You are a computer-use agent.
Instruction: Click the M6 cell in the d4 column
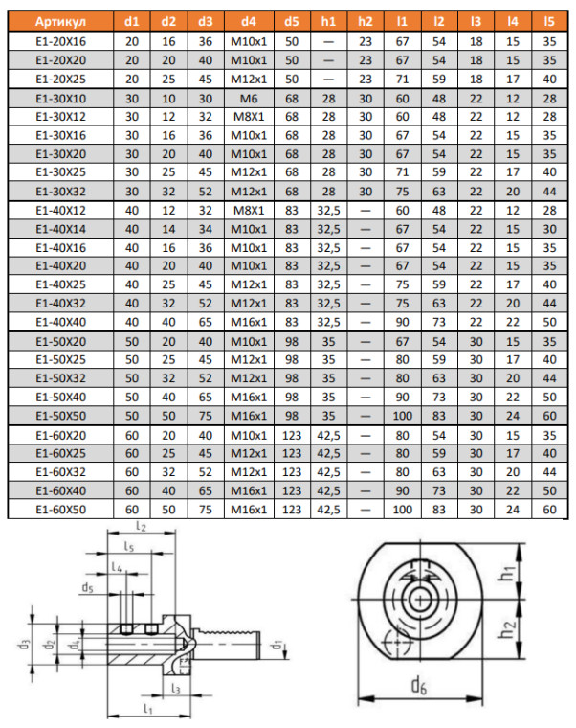coord(248,99)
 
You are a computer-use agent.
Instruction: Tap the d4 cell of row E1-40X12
coord(248,210)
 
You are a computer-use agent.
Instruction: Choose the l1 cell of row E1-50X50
coord(402,417)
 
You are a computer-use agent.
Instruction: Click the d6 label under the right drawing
coord(418,685)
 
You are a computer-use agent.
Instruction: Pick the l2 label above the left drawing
coord(141,527)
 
